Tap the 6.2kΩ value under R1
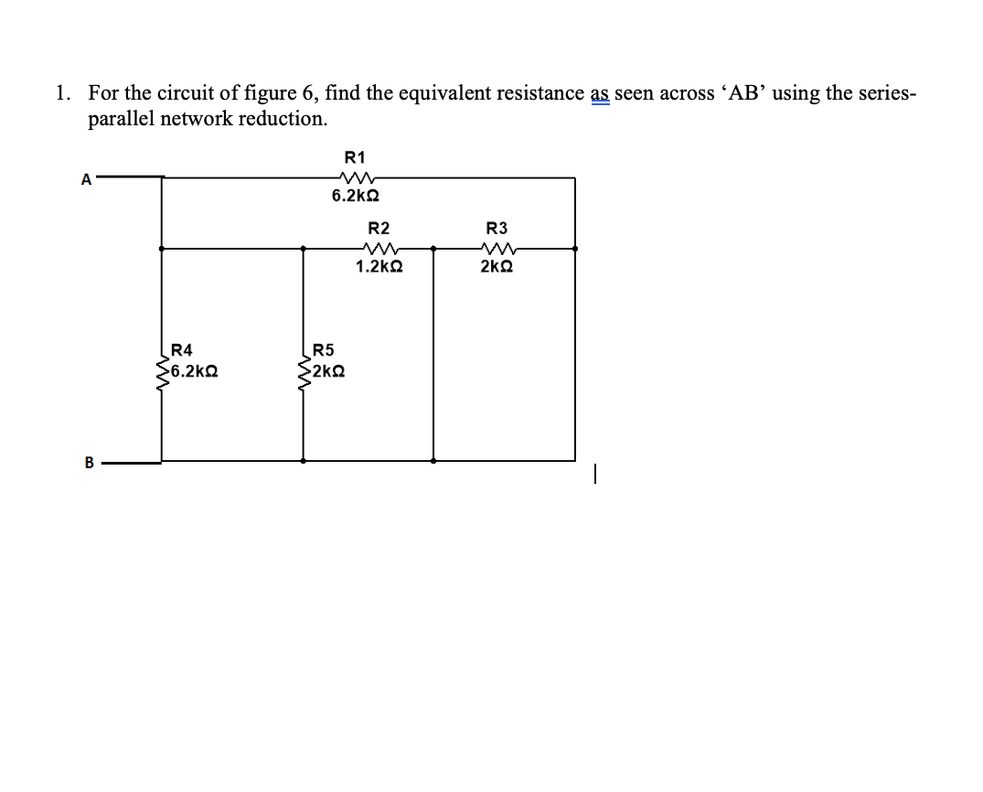[356, 197]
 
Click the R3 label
[497, 228]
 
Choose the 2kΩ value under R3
[497, 267]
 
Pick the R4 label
[182, 349]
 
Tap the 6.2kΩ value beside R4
[193, 371]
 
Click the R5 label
[324, 349]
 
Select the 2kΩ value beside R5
[327, 371]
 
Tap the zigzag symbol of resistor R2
[379, 248]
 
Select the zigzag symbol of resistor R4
[162, 372]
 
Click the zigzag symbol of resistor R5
[304, 372]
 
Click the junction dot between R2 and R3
[433, 248]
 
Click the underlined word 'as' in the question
[600, 93]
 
